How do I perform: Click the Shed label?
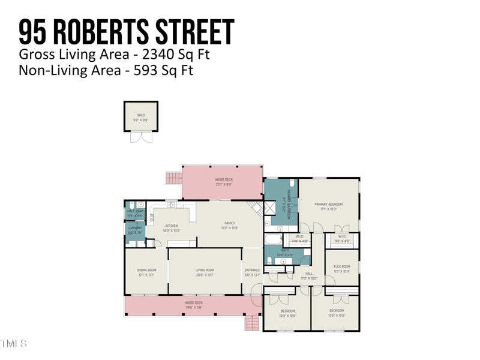point(141,115)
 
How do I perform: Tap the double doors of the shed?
point(141,137)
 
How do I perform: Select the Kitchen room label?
point(172,226)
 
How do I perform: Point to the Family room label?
point(230,223)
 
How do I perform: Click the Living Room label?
point(205,271)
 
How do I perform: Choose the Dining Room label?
point(146,271)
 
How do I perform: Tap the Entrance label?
point(253,271)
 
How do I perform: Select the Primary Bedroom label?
point(329,205)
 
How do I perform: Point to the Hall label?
point(309,274)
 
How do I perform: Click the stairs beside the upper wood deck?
point(173,178)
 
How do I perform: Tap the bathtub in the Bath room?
point(274,240)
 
